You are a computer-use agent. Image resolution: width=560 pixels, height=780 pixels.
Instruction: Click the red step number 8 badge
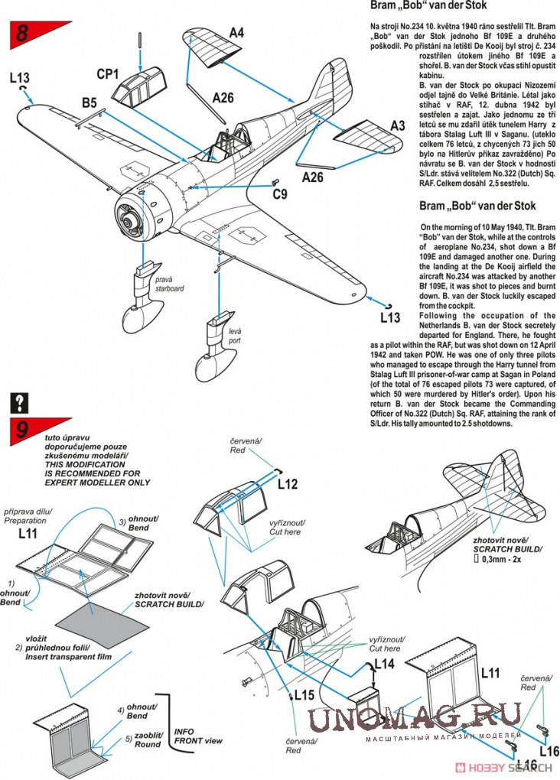(21, 33)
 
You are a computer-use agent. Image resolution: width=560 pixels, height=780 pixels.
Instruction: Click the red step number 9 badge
(21, 431)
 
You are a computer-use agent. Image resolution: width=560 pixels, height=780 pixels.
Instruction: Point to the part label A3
(397, 125)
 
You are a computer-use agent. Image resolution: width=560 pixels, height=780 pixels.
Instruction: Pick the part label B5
(89, 102)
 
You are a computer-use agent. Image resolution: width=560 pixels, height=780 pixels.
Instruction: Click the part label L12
(288, 484)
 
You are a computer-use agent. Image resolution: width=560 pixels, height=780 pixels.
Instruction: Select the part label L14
(384, 664)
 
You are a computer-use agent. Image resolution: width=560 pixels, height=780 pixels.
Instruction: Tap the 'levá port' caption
(234, 336)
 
